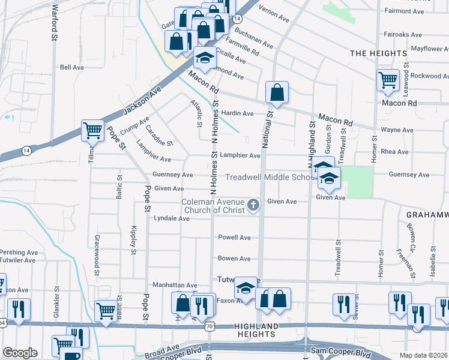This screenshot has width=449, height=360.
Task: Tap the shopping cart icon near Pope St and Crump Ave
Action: [x=92, y=130]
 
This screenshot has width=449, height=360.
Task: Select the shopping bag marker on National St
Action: [x=277, y=92]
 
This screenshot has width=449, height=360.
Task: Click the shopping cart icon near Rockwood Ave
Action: [x=388, y=79]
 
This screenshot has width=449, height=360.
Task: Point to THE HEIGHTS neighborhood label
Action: [x=379, y=53]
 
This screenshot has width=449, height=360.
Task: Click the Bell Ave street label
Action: [x=72, y=68]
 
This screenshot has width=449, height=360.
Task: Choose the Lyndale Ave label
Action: [x=172, y=218]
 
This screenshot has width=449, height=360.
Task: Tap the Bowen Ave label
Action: [x=234, y=259]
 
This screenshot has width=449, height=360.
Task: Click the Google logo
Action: [x=20, y=353]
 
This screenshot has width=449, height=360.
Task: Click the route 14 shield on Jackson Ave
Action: [x=26, y=149]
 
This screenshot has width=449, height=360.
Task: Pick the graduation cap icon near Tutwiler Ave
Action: [x=245, y=289]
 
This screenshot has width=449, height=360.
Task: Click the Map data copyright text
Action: [x=423, y=355]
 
